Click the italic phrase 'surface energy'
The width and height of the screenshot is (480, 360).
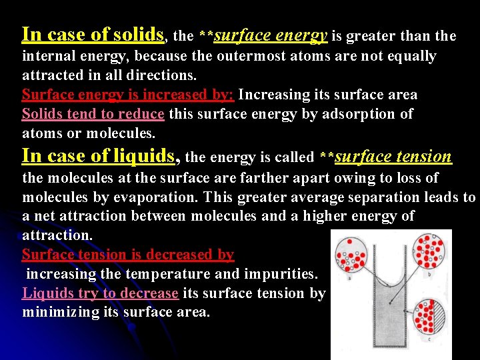click(x=271, y=35)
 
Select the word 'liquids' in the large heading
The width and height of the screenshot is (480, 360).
click(x=143, y=156)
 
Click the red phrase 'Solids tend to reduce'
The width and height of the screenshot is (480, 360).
click(x=93, y=114)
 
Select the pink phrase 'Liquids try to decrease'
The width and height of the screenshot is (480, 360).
click(x=100, y=293)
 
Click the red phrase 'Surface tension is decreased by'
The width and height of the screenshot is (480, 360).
click(x=128, y=255)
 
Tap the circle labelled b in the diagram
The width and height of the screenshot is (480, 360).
click(x=431, y=250)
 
